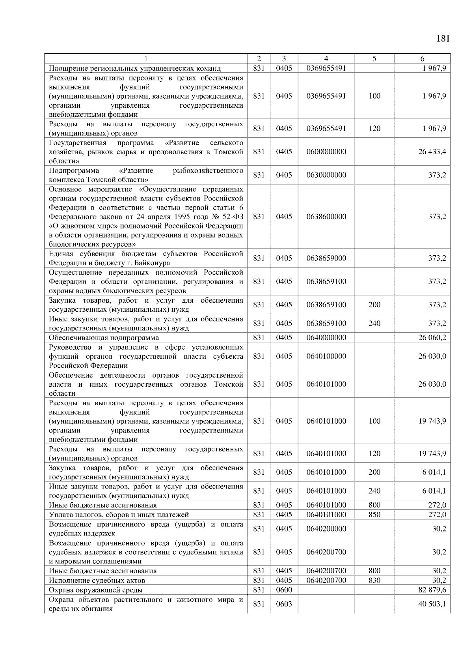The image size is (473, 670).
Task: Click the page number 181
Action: tap(443, 39)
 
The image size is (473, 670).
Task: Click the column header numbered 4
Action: tap(326, 59)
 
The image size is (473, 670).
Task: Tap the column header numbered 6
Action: tap(422, 59)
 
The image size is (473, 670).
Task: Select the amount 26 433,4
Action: tap(432, 152)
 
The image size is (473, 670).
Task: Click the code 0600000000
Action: tap(326, 152)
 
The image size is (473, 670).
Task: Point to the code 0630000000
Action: tap(326, 175)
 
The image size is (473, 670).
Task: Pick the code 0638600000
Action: tap(326, 217)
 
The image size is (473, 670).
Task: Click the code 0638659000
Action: tap(326, 258)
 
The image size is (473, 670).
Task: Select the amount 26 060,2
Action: tap(432, 338)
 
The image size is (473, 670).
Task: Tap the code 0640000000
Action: tap(326, 338)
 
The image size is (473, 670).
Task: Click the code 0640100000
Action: tap(326, 356)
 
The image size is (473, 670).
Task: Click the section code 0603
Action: tap(284, 604)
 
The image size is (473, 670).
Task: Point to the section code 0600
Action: tap(284, 590)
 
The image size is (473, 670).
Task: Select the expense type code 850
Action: tap(374, 515)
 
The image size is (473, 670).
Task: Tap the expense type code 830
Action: tap(374, 580)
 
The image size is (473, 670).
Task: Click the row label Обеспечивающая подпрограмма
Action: tap(104, 338)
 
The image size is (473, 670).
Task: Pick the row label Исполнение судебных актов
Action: tap(97, 580)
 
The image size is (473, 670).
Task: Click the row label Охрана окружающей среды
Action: tap(96, 590)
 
